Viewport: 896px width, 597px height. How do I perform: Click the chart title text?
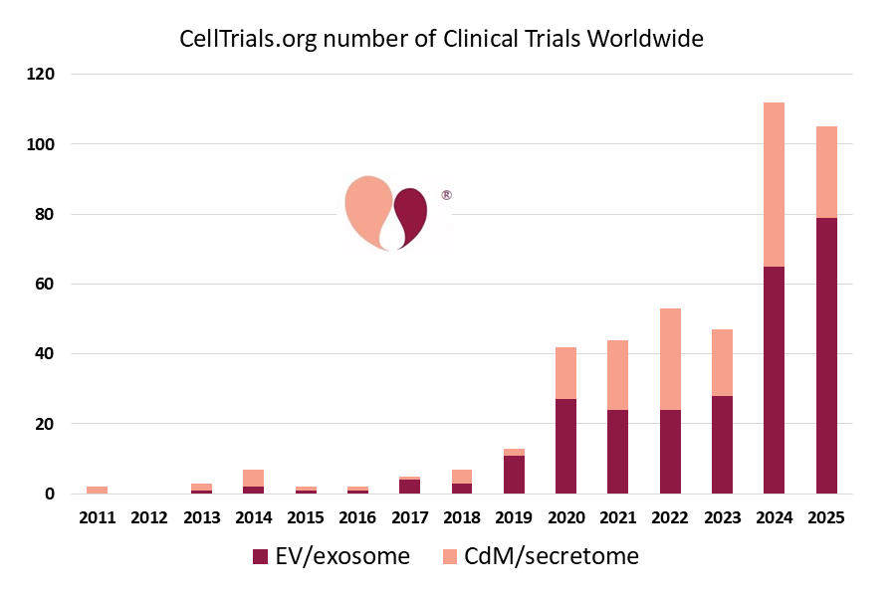pos(441,39)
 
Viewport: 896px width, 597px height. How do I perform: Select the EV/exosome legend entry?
pos(332,556)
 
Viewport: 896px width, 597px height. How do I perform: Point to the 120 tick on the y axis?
pos(43,75)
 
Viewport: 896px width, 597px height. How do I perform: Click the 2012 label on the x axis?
pos(148,517)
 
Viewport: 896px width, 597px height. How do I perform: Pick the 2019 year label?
pos(514,517)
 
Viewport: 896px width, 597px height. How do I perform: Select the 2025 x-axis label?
pos(826,517)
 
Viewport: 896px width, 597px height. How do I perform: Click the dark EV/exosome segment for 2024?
pos(774,380)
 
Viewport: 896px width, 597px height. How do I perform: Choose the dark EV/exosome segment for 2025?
pos(826,355)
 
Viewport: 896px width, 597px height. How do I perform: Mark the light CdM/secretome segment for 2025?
pos(826,172)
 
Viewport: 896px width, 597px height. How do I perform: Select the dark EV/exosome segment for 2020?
pos(565,446)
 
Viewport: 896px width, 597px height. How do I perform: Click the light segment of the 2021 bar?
pos(617,375)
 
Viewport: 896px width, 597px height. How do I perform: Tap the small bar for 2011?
pos(97,490)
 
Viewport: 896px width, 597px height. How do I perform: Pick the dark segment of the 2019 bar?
pos(514,475)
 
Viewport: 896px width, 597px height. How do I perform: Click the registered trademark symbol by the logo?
pos(446,195)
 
